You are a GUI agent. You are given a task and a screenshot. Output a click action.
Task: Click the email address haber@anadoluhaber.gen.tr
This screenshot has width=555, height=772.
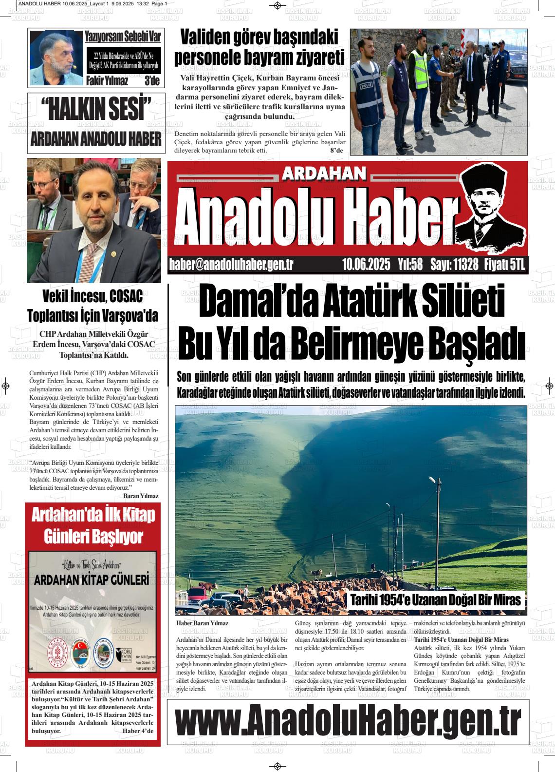click(x=231, y=265)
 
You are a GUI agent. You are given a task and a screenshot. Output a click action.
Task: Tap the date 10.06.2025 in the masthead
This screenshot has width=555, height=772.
click(x=366, y=265)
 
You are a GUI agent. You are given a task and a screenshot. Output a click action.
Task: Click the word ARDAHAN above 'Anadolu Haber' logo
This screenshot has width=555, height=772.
click(x=324, y=173)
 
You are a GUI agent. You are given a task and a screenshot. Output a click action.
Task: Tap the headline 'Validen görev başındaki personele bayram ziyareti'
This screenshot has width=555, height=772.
click(x=259, y=47)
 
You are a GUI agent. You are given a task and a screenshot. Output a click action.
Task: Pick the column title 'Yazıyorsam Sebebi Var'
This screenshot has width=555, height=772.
click(x=123, y=37)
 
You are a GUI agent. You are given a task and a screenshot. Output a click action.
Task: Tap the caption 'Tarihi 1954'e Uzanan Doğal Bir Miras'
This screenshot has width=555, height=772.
click(x=435, y=600)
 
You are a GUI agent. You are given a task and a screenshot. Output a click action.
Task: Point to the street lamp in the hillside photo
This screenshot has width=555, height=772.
click(x=432, y=481)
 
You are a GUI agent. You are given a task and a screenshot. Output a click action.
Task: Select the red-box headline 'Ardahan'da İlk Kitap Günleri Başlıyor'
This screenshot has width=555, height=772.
click(x=93, y=526)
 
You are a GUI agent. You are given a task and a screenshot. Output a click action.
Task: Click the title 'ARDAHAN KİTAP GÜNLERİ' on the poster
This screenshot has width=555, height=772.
click(x=92, y=580)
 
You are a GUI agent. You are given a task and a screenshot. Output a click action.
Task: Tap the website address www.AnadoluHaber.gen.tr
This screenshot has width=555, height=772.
click(x=347, y=720)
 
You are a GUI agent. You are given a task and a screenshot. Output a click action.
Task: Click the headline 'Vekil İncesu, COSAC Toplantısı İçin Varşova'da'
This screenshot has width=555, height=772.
click(x=92, y=306)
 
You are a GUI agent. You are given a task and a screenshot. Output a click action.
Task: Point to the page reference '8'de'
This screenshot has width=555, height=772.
click(x=336, y=151)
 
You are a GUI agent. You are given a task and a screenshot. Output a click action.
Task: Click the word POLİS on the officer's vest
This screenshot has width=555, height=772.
click(x=365, y=85)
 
